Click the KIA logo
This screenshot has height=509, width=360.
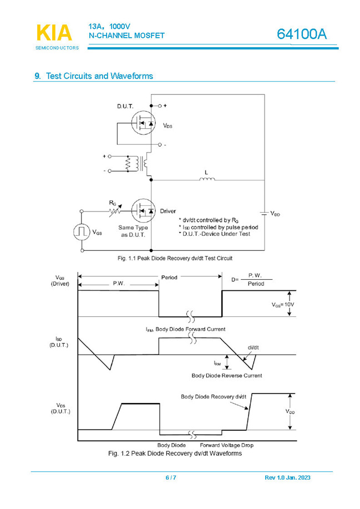tap(54, 33)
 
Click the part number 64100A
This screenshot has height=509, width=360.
tap(302, 34)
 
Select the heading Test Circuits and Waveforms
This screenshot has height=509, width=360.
tap(99, 76)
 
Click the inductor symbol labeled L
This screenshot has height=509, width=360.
tap(206, 179)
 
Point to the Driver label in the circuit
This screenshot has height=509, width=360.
tap(168, 211)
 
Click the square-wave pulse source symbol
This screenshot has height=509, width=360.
tap(82, 231)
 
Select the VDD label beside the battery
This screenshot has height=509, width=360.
tap(275, 213)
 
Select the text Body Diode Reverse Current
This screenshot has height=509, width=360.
tap(227, 376)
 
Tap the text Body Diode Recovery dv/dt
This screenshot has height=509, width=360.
tap(214, 397)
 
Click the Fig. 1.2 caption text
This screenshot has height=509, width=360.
tap(175, 453)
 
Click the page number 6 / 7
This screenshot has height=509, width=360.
tap(171, 478)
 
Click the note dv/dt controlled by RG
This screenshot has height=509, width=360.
tap(211, 220)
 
